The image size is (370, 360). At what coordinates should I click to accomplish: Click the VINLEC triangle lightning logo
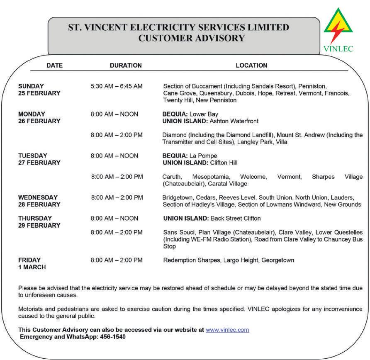[x=338, y=27]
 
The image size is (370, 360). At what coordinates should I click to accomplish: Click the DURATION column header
[x=126, y=66]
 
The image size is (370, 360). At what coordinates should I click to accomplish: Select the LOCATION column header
[x=251, y=66]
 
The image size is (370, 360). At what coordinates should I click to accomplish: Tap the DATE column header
[x=54, y=66]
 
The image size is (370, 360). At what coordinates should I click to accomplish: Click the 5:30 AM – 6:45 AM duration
[x=117, y=86]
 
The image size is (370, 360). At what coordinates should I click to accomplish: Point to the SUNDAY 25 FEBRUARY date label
[x=39, y=90]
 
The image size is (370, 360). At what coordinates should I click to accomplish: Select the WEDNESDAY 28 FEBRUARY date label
[x=39, y=201]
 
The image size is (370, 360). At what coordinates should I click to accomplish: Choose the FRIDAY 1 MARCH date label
[x=32, y=264]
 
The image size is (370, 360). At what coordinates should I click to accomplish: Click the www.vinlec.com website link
[x=227, y=330]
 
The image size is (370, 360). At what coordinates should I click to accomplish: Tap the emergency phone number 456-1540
[x=112, y=337]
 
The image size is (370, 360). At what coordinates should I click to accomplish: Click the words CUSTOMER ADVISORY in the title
[x=191, y=39]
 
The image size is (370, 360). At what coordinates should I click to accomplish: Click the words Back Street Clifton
[x=236, y=219]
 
